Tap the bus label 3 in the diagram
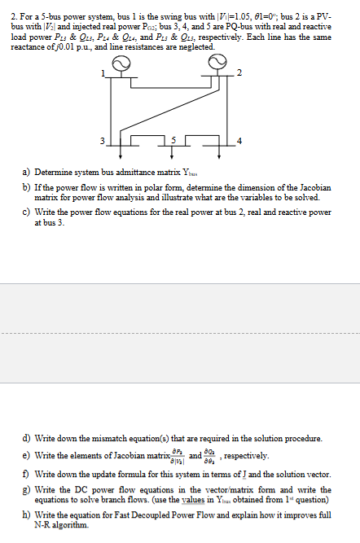point(103,140)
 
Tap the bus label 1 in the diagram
point(102,75)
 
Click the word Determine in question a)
point(54,172)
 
